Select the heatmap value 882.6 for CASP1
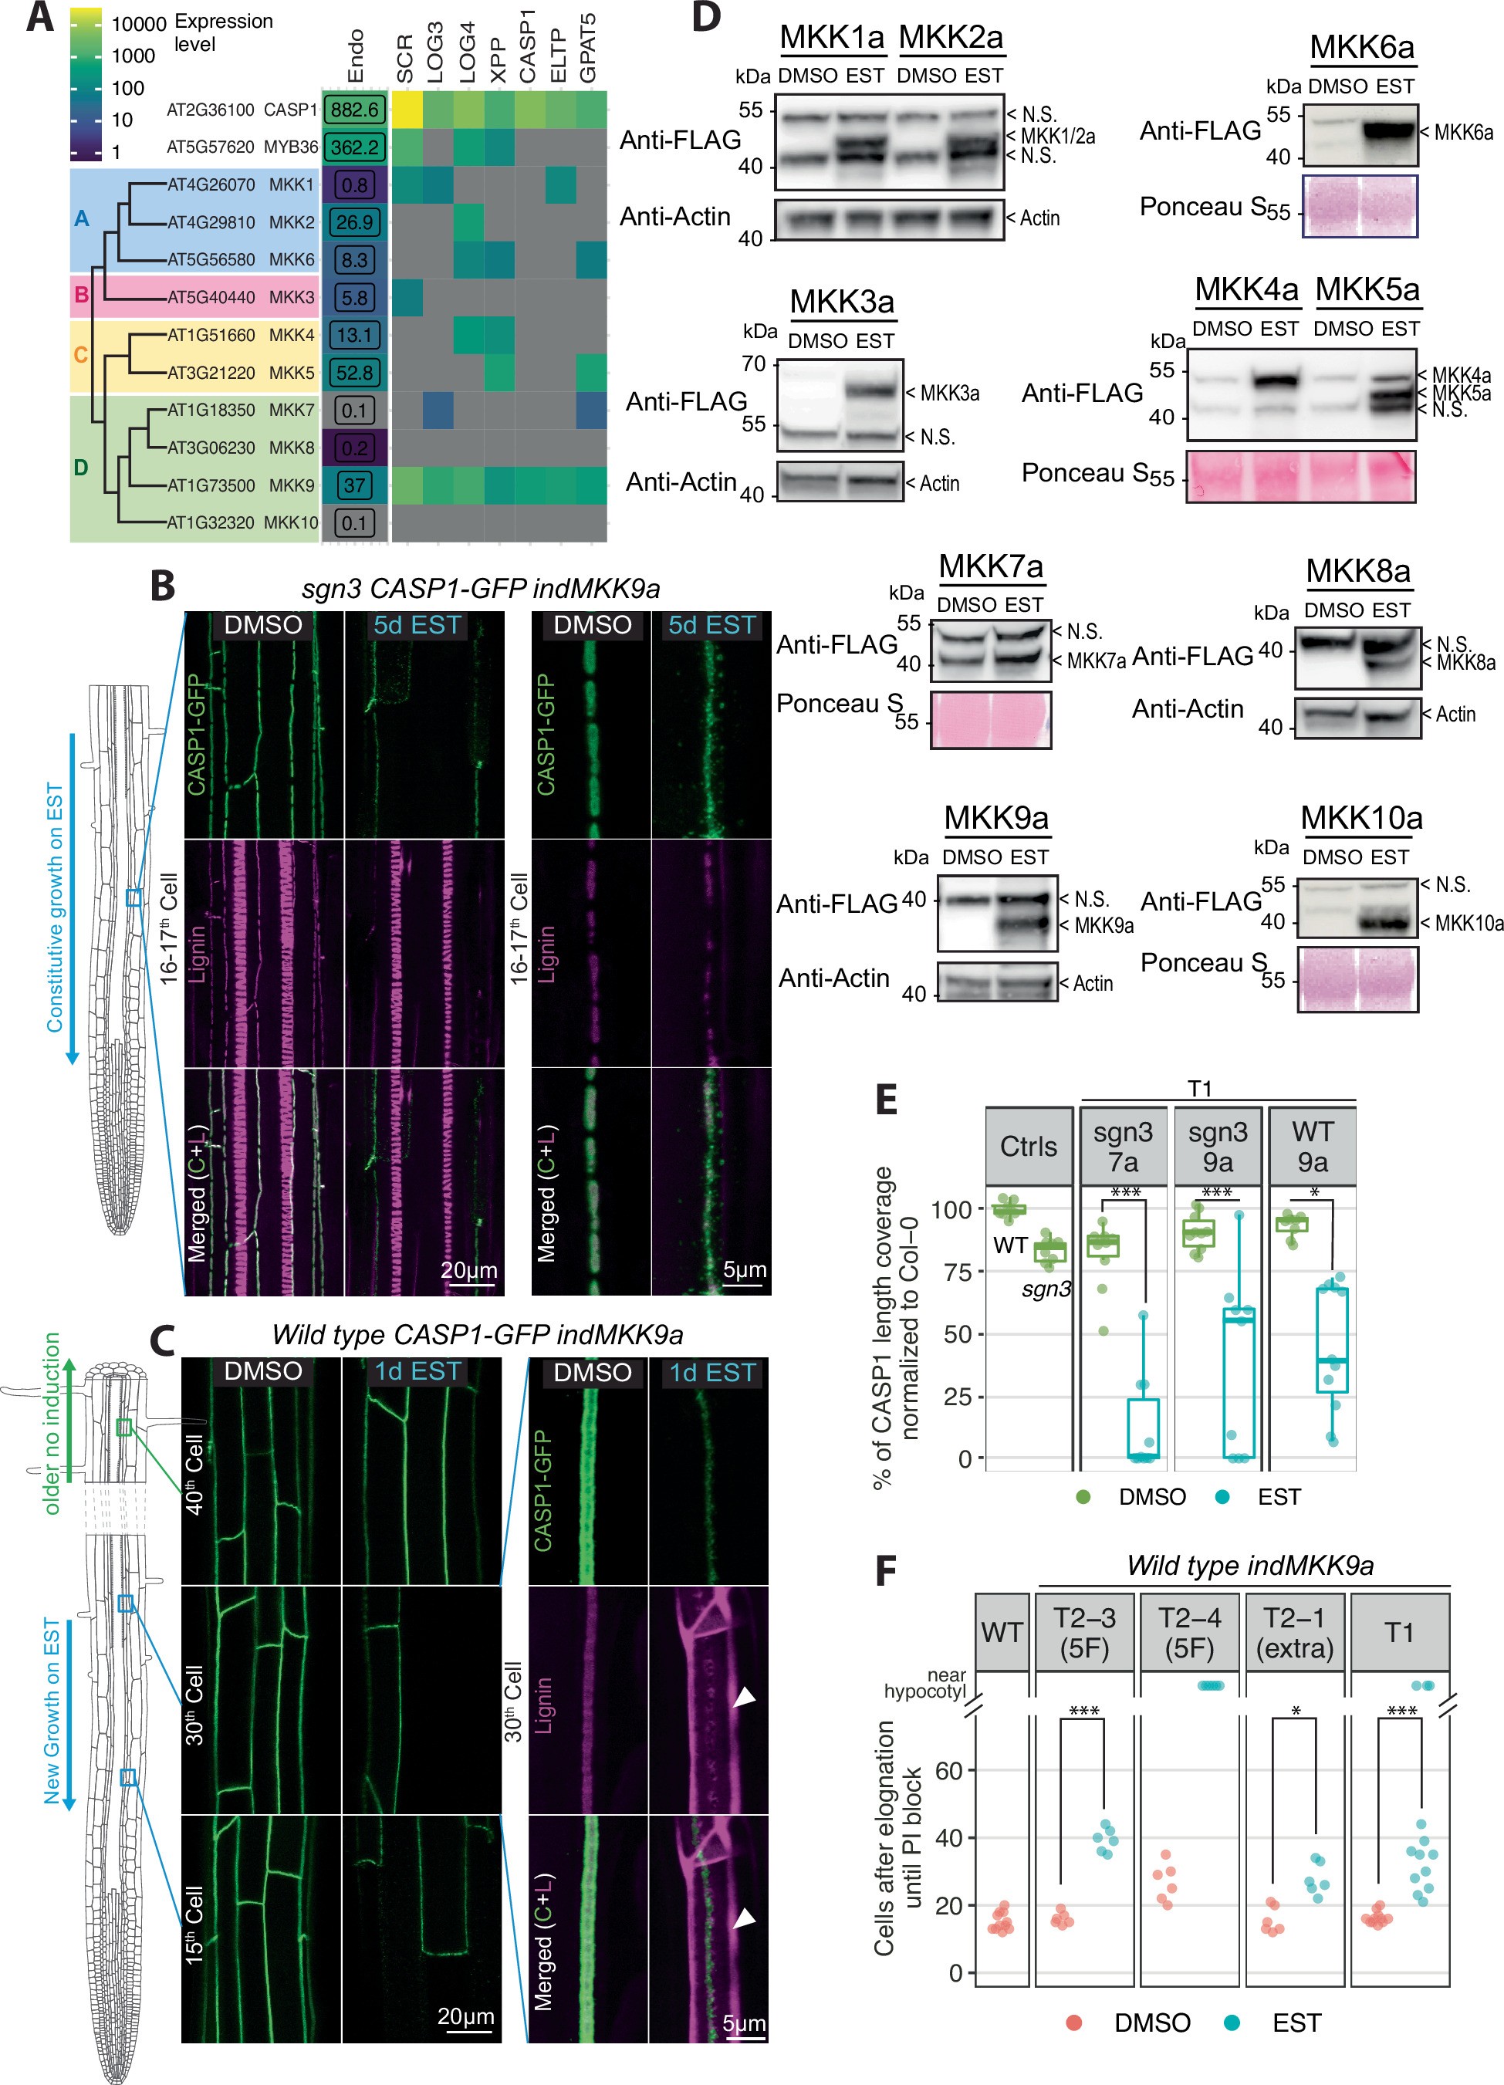(x=354, y=110)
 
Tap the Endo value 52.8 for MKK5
(x=354, y=372)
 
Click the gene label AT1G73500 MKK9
(x=241, y=485)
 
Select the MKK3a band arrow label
(x=948, y=394)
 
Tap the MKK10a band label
(x=1469, y=923)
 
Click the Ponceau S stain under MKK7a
(x=990, y=720)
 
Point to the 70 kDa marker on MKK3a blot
(x=754, y=364)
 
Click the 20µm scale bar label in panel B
(x=469, y=1269)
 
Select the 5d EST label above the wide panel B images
(x=417, y=625)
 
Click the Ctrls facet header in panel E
(x=1028, y=1147)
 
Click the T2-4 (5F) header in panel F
(x=1190, y=1632)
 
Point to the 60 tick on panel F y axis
(x=948, y=1771)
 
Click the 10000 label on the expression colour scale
(x=139, y=24)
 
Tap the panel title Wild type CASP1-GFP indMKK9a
(x=477, y=1334)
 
